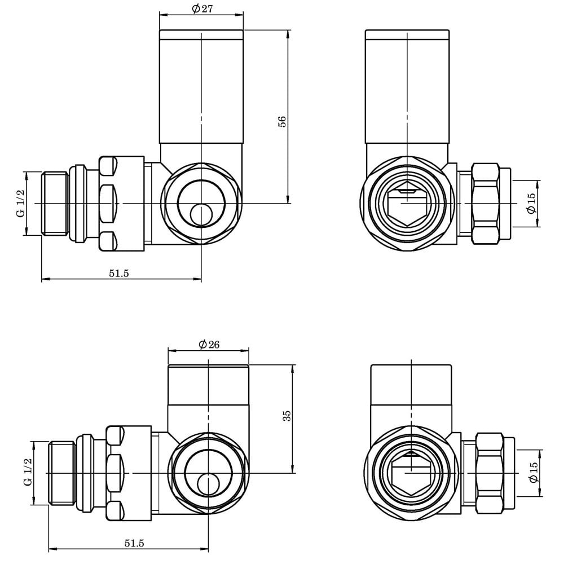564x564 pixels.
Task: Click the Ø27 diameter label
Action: click(201, 8)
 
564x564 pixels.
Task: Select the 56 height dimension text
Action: click(283, 121)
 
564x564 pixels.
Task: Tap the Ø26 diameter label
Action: click(209, 345)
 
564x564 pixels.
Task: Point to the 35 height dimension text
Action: click(287, 416)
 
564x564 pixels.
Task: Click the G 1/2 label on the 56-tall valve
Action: click(21, 204)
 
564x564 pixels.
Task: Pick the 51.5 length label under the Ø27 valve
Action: click(119, 273)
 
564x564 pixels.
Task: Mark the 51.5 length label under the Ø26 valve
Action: click(134, 543)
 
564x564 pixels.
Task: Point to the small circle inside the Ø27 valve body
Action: click(201, 214)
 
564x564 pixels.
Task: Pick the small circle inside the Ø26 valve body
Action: click(209, 484)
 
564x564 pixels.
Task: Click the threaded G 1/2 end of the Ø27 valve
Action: click(56, 203)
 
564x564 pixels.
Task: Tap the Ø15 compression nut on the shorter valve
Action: click(489, 473)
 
